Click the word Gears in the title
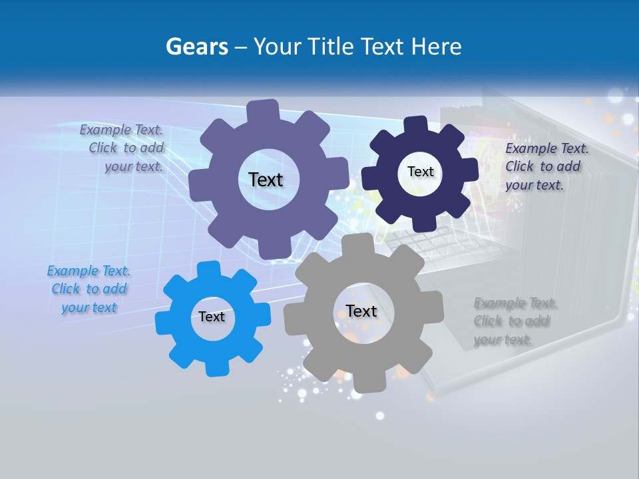click(x=197, y=47)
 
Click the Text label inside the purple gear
click(x=266, y=180)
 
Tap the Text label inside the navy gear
click(x=420, y=172)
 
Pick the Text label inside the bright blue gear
click(x=212, y=317)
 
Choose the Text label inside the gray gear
click(x=361, y=311)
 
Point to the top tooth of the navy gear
click(x=415, y=125)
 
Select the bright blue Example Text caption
click(x=89, y=289)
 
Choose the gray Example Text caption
click(x=515, y=321)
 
